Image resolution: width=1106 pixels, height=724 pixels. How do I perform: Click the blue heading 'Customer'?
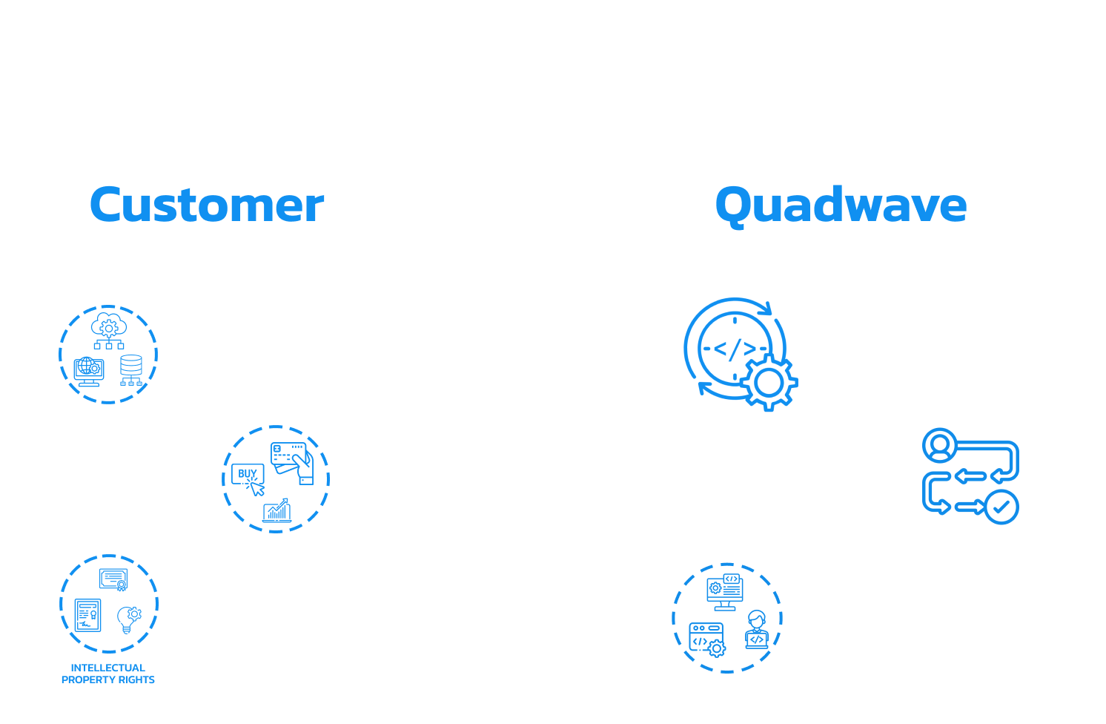[207, 205]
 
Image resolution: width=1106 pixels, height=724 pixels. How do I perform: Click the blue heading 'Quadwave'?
[841, 205]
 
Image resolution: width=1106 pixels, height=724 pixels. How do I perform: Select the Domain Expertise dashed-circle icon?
[108, 355]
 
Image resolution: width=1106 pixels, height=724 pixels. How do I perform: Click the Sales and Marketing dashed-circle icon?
[276, 479]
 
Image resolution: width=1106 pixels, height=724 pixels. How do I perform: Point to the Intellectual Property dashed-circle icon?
[108, 604]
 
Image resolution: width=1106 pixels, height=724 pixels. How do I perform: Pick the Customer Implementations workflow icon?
[970, 476]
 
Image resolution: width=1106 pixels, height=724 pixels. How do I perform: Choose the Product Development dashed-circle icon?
[726, 617]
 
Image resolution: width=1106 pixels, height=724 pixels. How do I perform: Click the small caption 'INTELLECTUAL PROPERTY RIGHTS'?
[108, 674]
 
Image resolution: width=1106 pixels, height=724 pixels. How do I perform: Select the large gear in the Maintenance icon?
[769, 382]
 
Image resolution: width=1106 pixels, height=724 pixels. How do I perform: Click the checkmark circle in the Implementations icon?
[1001, 507]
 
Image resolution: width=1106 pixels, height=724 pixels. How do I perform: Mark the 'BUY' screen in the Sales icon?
[248, 474]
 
